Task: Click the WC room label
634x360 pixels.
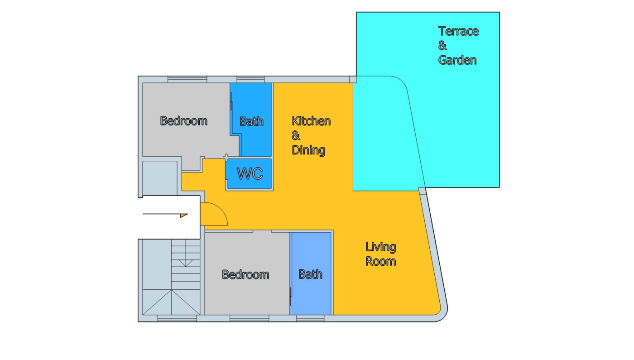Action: pyautogui.click(x=250, y=174)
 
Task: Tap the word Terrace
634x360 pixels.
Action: pyautogui.click(x=458, y=31)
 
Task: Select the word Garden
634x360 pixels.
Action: pyautogui.click(x=457, y=60)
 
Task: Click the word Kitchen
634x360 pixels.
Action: pyautogui.click(x=312, y=121)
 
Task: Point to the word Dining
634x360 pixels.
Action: pyautogui.click(x=308, y=150)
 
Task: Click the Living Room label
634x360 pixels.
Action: pyautogui.click(x=381, y=254)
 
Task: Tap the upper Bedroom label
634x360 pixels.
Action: pyautogui.click(x=184, y=121)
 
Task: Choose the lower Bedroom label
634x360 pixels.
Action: pyautogui.click(x=245, y=274)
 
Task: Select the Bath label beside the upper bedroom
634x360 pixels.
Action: pyautogui.click(x=252, y=121)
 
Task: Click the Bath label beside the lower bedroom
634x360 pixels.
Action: pyautogui.click(x=311, y=274)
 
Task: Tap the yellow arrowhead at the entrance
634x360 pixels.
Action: pyautogui.click(x=184, y=216)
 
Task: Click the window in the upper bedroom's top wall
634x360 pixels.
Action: pyautogui.click(x=187, y=80)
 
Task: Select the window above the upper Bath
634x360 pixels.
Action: pyautogui.click(x=250, y=80)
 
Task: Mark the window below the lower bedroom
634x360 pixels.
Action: pyautogui.click(x=250, y=318)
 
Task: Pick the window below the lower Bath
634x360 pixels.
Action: pyautogui.click(x=310, y=318)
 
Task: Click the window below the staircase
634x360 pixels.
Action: pyautogui.click(x=177, y=318)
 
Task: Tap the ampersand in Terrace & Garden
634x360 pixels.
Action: pyautogui.click(x=442, y=46)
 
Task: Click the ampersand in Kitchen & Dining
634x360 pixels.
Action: pyautogui.click(x=296, y=135)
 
